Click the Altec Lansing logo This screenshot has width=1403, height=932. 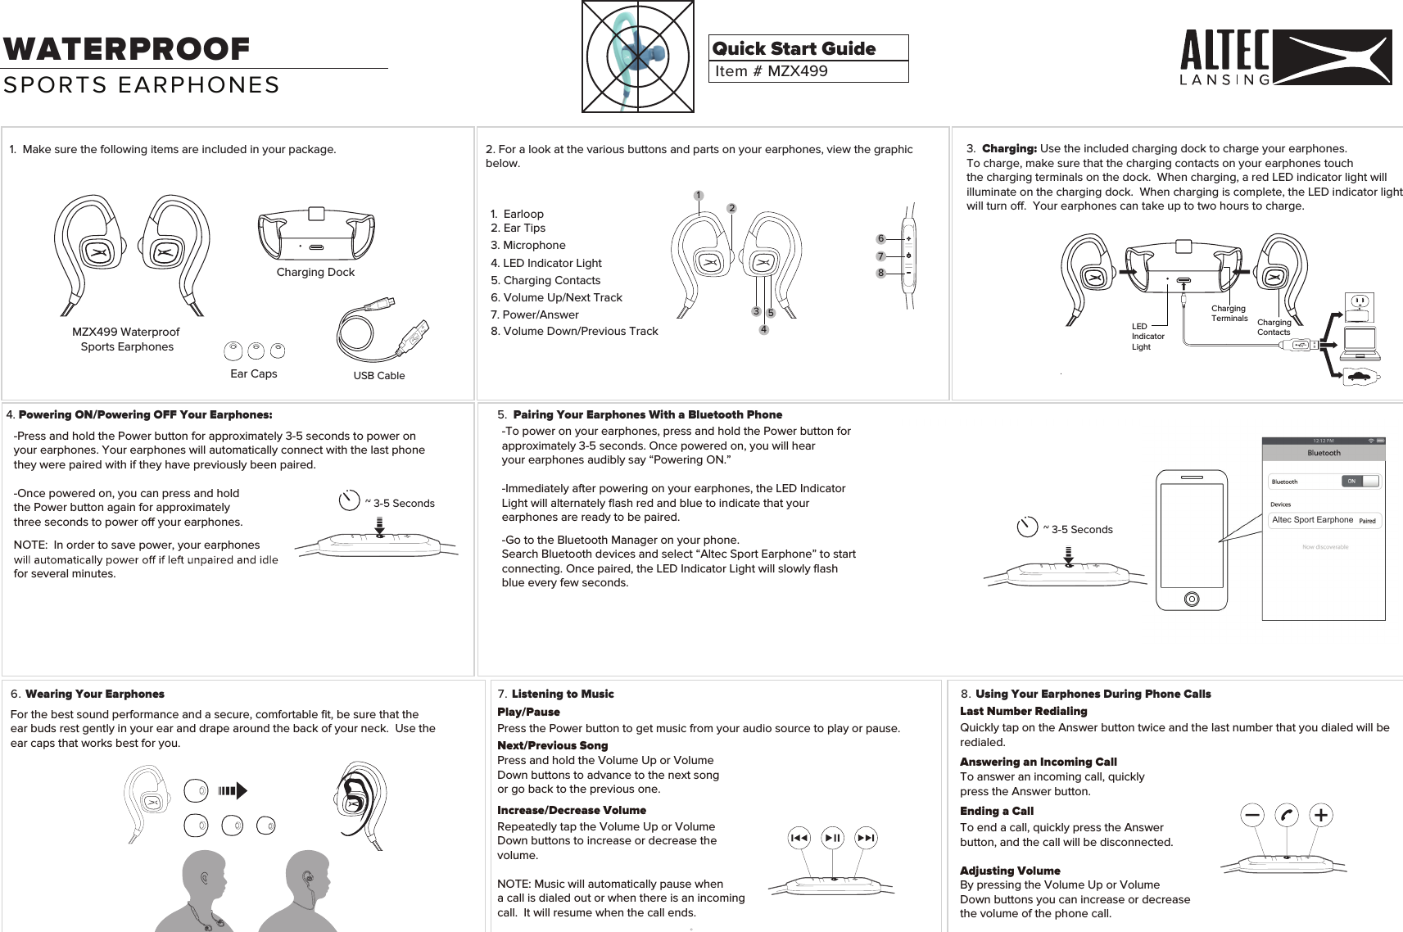pos(1285,57)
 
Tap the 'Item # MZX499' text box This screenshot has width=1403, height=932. pos(808,71)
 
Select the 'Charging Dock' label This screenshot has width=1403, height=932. pos(315,272)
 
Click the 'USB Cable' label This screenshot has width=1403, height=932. pos(378,376)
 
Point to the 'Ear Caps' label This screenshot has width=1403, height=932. pos(253,373)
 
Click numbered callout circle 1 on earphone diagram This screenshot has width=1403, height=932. pos(698,196)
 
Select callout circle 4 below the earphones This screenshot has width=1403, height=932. pos(763,330)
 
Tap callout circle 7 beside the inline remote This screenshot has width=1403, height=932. pos(880,256)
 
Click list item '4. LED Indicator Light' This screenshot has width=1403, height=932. pos(545,263)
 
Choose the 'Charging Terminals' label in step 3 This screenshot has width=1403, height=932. pos(1229,314)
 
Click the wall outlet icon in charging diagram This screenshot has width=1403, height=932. pos(1360,305)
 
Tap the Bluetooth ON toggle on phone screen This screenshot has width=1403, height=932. pos(1360,482)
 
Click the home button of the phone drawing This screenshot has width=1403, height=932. pos(1192,599)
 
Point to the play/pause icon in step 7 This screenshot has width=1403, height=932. pos(833,838)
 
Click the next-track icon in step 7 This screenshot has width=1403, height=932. pos(866,838)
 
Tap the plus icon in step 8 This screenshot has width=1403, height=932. pos(1320,815)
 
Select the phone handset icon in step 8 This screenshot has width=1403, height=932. pos(1287,815)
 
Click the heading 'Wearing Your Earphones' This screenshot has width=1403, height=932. pos(94,694)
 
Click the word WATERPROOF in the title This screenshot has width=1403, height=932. pos(126,49)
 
